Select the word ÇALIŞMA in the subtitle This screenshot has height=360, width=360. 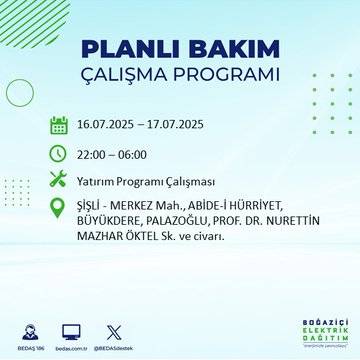[x=130, y=76]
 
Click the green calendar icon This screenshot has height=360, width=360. [x=59, y=126]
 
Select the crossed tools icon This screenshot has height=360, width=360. [x=59, y=180]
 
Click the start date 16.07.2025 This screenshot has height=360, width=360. [x=109, y=127]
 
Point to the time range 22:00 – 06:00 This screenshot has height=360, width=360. [x=112, y=154]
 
